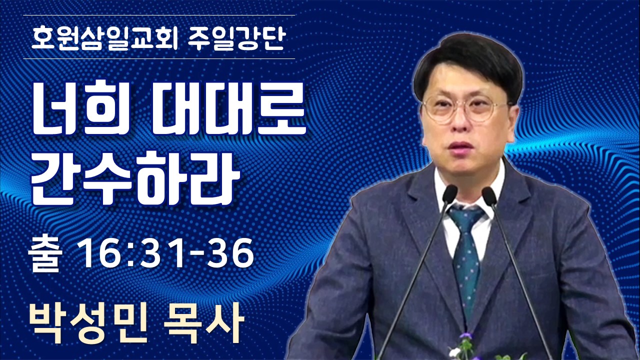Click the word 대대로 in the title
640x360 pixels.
(x=229, y=109)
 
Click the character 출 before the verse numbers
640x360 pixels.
(x=45, y=254)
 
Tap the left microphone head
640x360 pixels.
(x=449, y=194)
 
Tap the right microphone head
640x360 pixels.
(x=489, y=196)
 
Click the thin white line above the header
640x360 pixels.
(x=159, y=15)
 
